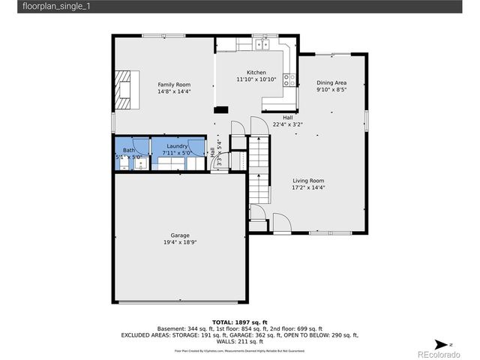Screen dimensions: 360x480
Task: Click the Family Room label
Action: click(x=174, y=84)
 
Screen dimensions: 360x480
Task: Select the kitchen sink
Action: click(x=262, y=46)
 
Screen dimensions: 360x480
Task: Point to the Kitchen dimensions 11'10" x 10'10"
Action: click(x=256, y=79)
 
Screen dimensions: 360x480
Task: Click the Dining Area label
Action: click(x=331, y=82)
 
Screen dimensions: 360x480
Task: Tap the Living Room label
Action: click(x=307, y=180)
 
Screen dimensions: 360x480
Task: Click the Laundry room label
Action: click(x=177, y=145)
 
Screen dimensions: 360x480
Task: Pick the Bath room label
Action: click(x=129, y=150)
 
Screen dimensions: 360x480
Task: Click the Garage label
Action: click(x=179, y=235)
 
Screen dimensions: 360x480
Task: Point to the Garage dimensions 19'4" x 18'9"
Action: click(x=179, y=242)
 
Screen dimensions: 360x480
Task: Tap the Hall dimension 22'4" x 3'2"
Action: click(x=287, y=124)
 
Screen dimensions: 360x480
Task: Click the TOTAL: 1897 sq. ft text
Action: click(x=240, y=321)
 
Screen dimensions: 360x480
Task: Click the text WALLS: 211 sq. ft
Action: click(x=240, y=342)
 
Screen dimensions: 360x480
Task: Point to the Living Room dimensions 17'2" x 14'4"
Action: click(x=307, y=187)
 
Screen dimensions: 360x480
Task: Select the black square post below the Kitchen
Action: click(x=221, y=110)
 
